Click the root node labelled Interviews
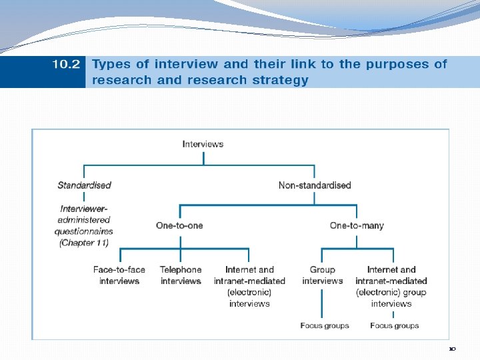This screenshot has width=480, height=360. click(203, 143)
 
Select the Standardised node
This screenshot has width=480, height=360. click(84, 185)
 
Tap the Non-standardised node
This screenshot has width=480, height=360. click(315, 185)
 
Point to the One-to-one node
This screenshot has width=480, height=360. click(179, 225)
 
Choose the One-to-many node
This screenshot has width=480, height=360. click(357, 225)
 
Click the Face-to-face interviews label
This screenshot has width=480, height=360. click(119, 275)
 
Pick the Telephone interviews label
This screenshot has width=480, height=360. click(181, 275)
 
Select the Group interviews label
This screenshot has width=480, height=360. click(322, 275)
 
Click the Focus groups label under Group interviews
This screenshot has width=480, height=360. click(325, 325)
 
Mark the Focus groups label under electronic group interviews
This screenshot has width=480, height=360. click(395, 325)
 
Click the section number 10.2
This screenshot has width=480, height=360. click(66, 65)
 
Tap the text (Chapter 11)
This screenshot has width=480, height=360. click(84, 243)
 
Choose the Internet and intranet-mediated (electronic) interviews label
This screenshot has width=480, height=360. click(249, 287)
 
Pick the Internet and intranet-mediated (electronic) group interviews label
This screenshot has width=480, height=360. click(391, 287)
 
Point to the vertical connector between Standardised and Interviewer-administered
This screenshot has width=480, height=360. click(84, 197)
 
